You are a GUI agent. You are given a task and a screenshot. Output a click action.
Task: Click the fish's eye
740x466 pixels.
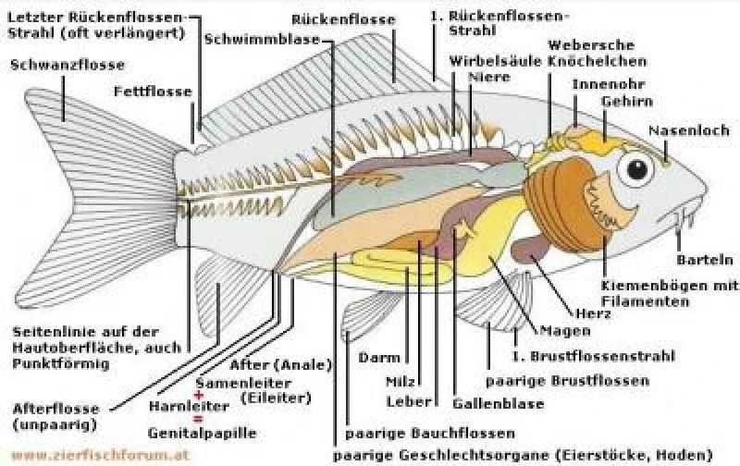tap(637, 168)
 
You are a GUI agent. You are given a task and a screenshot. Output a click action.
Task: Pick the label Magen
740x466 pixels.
tap(560, 331)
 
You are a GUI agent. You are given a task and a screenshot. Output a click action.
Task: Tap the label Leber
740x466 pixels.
tap(404, 401)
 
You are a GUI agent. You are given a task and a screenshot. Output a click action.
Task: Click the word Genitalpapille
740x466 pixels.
tap(202, 432)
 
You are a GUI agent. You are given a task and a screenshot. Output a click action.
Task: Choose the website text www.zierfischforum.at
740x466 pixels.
tap(76, 455)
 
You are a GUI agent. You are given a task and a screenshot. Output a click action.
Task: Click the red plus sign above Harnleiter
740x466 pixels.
tap(196, 395)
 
